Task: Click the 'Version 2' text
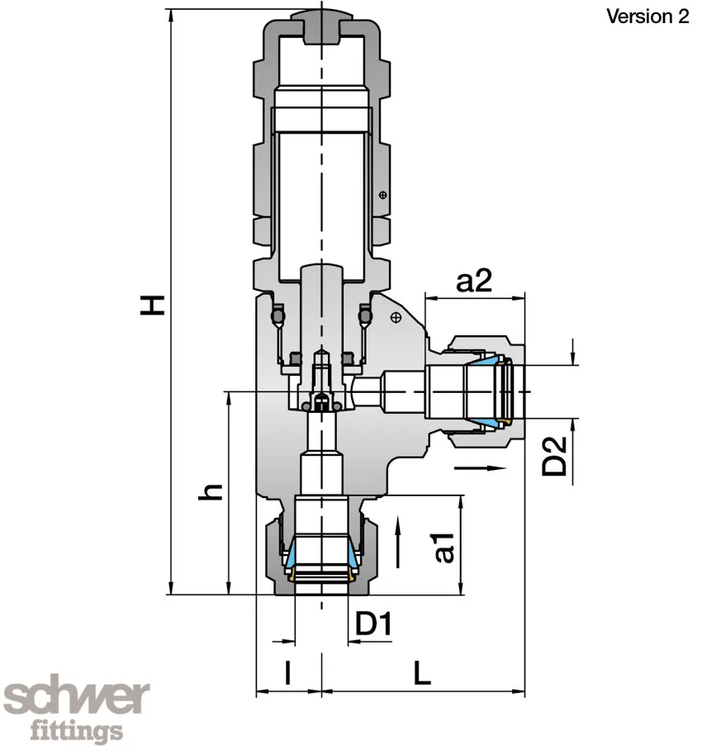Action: pyautogui.click(x=647, y=17)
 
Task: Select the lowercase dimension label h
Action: pyautogui.click(x=213, y=492)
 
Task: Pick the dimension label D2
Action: pyautogui.click(x=555, y=455)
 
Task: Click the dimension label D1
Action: pyautogui.click(x=372, y=625)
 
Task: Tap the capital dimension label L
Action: pyautogui.click(x=422, y=673)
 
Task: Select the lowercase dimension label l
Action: pyautogui.click(x=287, y=673)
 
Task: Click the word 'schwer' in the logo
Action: pyautogui.click(x=78, y=699)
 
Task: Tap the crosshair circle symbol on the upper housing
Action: pyautogui.click(x=382, y=195)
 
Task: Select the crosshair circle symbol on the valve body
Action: pyautogui.click(x=396, y=316)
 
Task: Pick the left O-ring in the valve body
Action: pyautogui.click(x=278, y=316)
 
